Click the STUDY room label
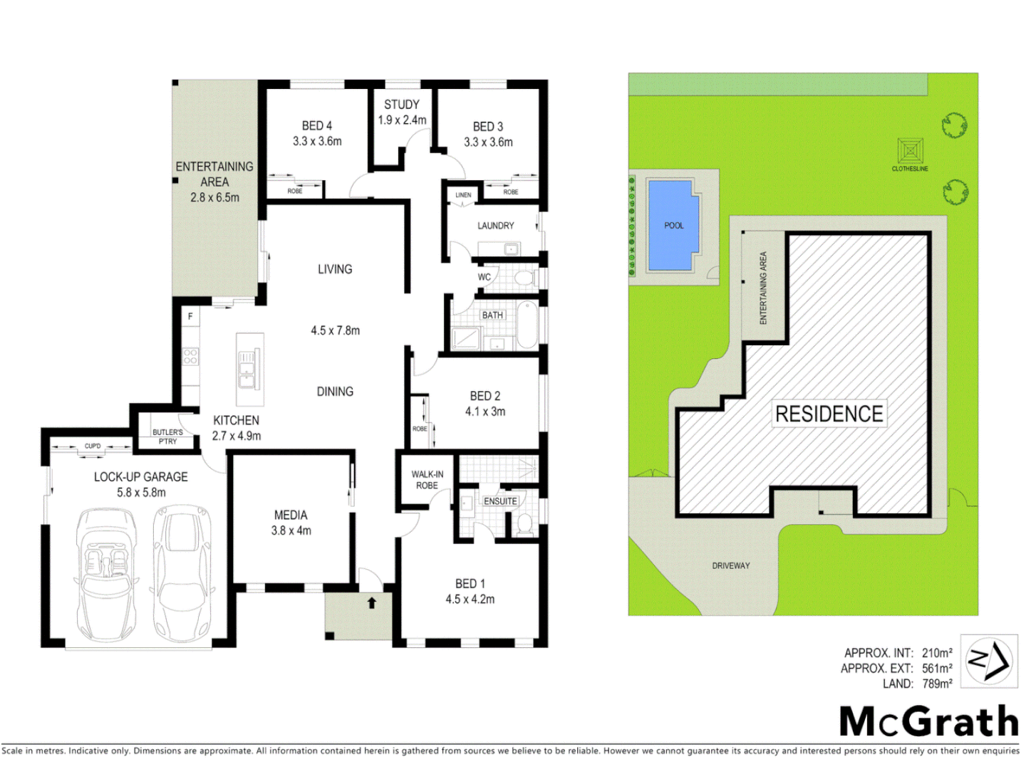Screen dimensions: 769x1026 point(401,105)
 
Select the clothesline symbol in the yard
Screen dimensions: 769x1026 point(910,152)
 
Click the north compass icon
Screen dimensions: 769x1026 point(988,661)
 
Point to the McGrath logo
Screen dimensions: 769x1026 point(929,721)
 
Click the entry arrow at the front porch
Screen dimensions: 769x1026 point(371,603)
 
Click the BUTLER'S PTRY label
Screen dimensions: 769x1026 point(167,436)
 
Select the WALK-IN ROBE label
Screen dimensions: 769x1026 point(427,480)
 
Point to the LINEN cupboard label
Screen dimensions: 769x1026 point(463,195)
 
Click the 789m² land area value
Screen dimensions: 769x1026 point(937,684)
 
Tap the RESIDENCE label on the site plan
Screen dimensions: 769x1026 point(829,414)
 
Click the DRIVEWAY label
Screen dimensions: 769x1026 point(730,565)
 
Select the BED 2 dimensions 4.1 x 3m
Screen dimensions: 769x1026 point(484,412)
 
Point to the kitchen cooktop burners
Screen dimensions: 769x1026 point(190,356)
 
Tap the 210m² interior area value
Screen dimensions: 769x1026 point(937,653)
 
